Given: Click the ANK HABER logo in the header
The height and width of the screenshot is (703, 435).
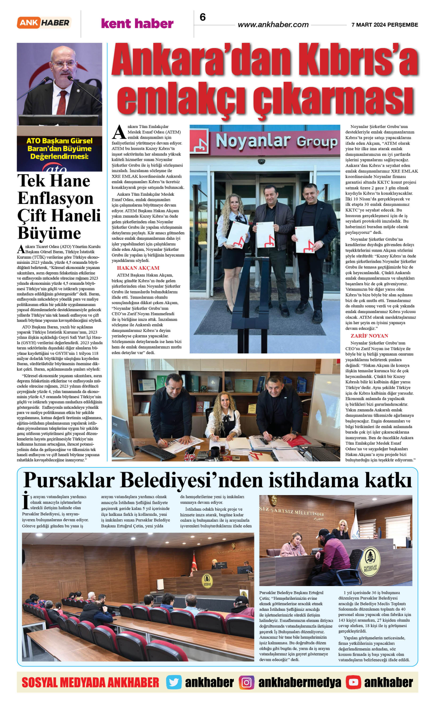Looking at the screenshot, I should click(44, 23).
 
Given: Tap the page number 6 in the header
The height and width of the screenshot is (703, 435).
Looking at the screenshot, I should click(203, 17).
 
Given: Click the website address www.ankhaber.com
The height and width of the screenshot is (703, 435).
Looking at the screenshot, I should click(273, 25).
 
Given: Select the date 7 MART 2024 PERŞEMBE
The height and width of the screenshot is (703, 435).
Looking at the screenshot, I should click(384, 25).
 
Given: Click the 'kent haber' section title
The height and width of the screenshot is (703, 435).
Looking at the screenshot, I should click(137, 24).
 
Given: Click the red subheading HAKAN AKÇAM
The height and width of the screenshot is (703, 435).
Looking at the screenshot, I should click(138, 268).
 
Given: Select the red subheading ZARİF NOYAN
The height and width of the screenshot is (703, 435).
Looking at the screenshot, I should click(369, 336).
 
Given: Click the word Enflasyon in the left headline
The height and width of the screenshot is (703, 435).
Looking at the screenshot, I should click(55, 198).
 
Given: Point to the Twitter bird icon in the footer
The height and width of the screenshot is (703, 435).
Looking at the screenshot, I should click(173, 682).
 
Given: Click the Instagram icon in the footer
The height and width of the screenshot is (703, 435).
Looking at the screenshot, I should click(246, 682).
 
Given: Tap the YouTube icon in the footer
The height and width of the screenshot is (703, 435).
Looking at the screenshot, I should click(353, 682).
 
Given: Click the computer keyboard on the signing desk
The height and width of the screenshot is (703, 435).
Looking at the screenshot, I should click(158, 452).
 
